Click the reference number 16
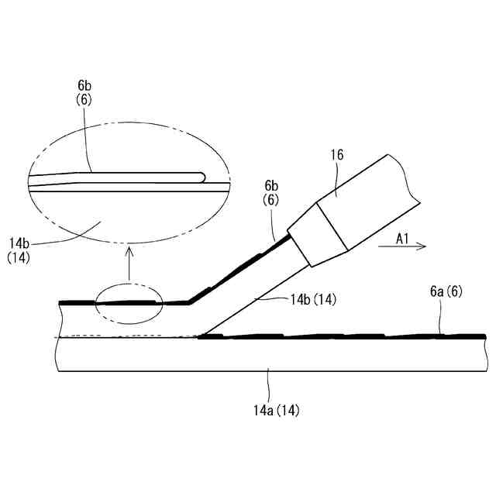pos(337,155)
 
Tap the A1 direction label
pos(402,239)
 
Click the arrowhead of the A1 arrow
pos(422,246)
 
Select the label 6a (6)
pos(446,291)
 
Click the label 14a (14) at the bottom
pos(276,411)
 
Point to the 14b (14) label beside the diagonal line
pos(313,299)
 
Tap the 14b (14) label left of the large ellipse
pos(19,250)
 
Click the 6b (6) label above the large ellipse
pos(84,93)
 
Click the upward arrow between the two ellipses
pos(129,263)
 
